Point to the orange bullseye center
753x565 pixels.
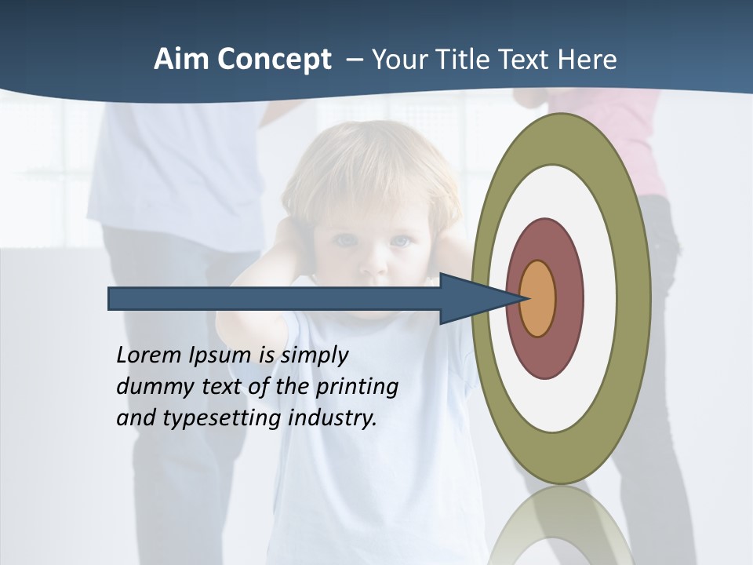point(538,298)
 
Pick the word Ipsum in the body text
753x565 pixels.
point(220,355)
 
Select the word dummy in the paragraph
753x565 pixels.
point(150,386)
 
